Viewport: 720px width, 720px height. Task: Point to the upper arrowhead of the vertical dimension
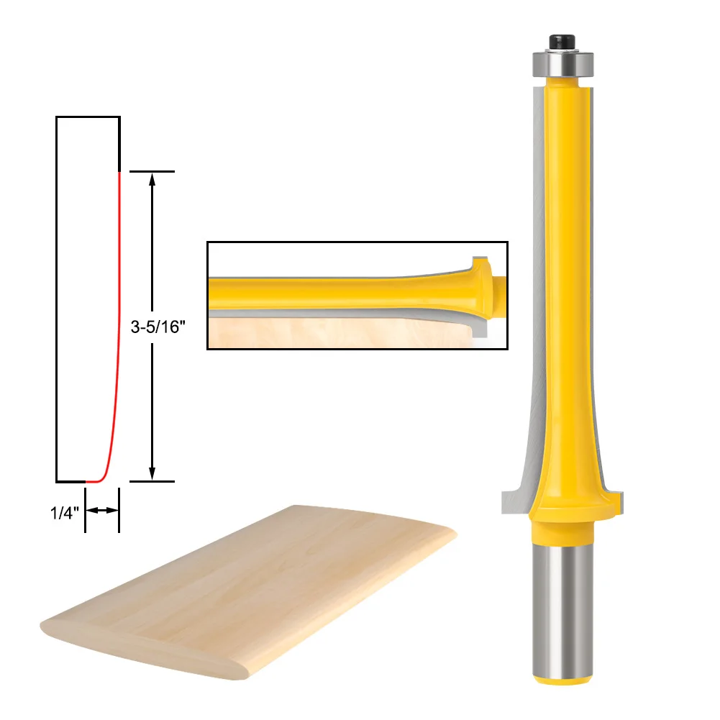[152, 180]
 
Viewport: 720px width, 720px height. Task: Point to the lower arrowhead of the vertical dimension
[152, 473]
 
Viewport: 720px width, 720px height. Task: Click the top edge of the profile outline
[88, 117]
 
